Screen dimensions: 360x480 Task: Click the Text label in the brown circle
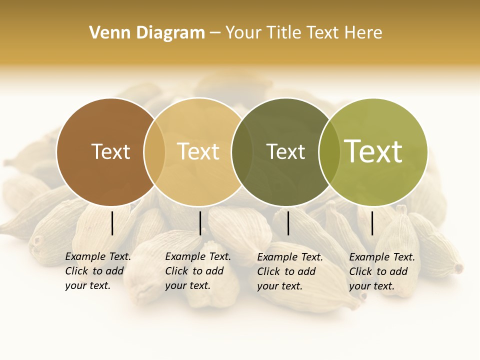point(110,151)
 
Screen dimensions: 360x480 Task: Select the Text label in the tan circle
point(198,151)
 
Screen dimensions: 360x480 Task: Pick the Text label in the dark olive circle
point(285,151)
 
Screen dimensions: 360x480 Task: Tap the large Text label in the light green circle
point(373,151)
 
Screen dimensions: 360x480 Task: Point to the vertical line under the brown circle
point(112,223)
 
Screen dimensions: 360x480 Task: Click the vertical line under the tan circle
point(200,223)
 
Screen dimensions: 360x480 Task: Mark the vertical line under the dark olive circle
point(288,223)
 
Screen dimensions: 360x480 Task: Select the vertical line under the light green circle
point(372,223)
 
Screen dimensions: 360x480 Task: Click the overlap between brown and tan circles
point(154,151)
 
